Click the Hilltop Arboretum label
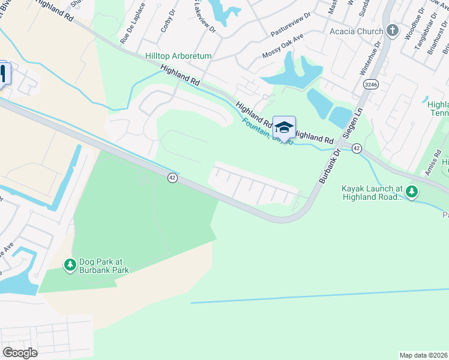(178, 56)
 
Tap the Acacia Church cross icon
(393, 31)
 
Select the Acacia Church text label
(357, 31)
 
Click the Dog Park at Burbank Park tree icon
(70, 263)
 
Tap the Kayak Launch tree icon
(412, 192)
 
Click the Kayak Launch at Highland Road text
(372, 192)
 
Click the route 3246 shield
(370, 85)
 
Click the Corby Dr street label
(166, 21)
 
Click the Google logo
(20, 353)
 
